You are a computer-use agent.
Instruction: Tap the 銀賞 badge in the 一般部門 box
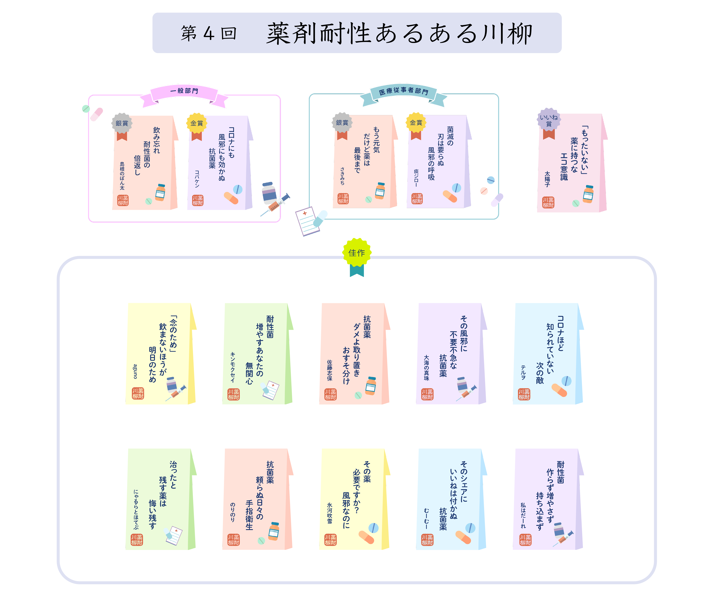tap(122, 123)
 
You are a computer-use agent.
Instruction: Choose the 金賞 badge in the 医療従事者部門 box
tap(416, 122)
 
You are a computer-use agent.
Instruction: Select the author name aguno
tap(135, 371)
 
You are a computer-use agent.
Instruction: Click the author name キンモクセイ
tap(233, 367)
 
